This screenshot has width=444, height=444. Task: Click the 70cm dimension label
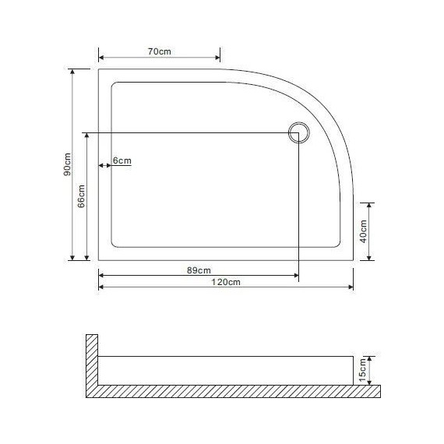click(x=159, y=51)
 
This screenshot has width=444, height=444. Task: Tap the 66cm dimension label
click(x=82, y=199)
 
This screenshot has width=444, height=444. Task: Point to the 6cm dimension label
click(x=122, y=160)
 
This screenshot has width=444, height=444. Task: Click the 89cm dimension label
click(x=199, y=270)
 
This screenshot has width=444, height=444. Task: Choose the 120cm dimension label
click(x=226, y=282)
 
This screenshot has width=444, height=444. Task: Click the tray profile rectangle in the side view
click(x=226, y=371)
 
